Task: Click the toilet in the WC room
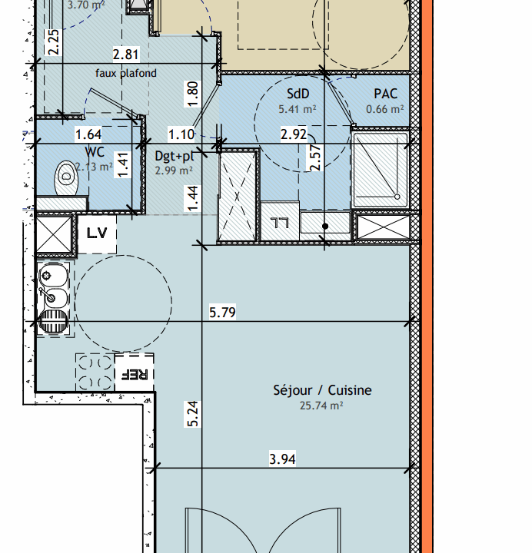[x=66, y=178]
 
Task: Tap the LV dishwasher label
[x=97, y=233]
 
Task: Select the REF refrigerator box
[x=135, y=373]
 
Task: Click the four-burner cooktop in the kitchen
[x=95, y=373]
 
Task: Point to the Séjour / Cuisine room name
[x=322, y=390]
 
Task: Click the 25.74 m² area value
[x=321, y=406]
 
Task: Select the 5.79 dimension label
[x=222, y=312]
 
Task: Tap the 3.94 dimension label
[x=282, y=459]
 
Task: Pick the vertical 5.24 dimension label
[x=193, y=414]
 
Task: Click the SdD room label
[x=298, y=94]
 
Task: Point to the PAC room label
[x=385, y=94]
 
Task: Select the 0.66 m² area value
[x=385, y=109]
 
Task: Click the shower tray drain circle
[x=397, y=197]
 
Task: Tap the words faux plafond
[x=125, y=73]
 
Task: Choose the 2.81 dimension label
[x=126, y=55]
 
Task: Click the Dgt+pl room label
[x=175, y=155]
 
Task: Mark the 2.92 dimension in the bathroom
[x=294, y=134]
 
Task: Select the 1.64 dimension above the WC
[x=88, y=134]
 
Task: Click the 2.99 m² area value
[x=174, y=171]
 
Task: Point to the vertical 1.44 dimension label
[x=193, y=199]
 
